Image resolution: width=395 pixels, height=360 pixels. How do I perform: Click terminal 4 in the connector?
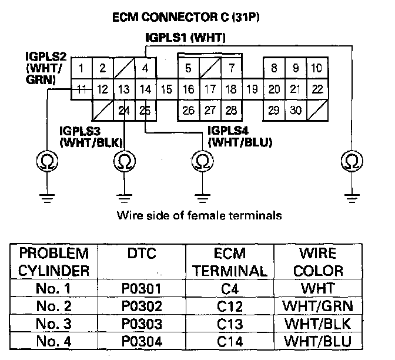pyautogui.click(x=145, y=68)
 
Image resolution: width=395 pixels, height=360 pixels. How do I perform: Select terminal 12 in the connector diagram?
pyautogui.click(x=102, y=89)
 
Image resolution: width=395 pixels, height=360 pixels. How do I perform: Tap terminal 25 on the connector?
pyautogui.click(x=145, y=111)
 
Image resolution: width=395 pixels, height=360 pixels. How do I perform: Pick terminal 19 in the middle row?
pyautogui.click(x=252, y=89)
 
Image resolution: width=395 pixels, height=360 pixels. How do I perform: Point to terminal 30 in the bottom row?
pyautogui.click(x=296, y=111)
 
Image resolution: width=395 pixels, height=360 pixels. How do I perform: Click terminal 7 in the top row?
pyautogui.click(x=232, y=68)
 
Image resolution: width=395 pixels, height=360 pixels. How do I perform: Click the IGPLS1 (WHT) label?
pyautogui.click(x=185, y=38)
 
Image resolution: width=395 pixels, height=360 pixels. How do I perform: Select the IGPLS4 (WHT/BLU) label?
pyautogui.click(x=240, y=136)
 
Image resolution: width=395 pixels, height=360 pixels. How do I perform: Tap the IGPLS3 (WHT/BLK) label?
pyautogui.click(x=91, y=137)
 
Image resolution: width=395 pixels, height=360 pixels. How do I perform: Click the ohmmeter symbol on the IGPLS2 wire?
pyautogui.click(x=47, y=161)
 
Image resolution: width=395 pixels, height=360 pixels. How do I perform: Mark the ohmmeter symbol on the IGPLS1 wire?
pyautogui.click(x=352, y=161)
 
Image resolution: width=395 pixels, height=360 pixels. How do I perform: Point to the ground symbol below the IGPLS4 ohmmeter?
pyautogui.click(x=203, y=198)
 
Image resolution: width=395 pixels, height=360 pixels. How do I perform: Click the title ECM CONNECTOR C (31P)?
pyautogui.click(x=186, y=18)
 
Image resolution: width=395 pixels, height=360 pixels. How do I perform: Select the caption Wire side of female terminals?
pyautogui.click(x=199, y=215)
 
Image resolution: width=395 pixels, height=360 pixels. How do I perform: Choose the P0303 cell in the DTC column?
pyautogui.click(x=142, y=324)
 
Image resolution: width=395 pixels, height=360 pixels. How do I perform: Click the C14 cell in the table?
pyautogui.click(x=230, y=341)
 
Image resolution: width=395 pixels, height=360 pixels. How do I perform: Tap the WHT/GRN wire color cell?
pyautogui.click(x=318, y=306)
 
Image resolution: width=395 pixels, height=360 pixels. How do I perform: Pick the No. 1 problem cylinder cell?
pyautogui.click(x=53, y=288)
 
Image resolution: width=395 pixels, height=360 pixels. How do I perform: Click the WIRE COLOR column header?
pyautogui.click(x=318, y=262)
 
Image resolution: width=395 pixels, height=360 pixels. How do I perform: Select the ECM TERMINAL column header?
pyautogui.click(x=230, y=262)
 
